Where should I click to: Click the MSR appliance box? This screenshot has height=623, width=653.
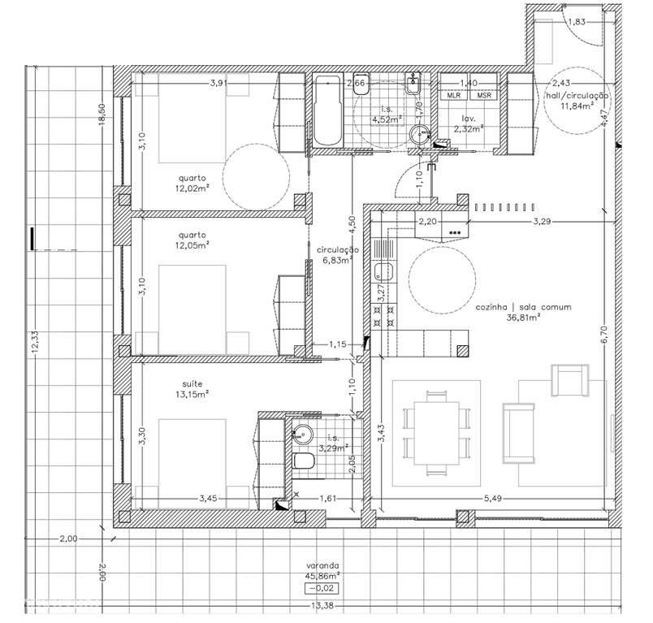pyautogui.click(x=485, y=96)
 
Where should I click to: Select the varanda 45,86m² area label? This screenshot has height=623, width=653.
pyautogui.click(x=323, y=569)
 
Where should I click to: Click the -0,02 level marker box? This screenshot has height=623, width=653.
pyautogui.click(x=323, y=589)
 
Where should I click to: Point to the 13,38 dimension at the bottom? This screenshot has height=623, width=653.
pyautogui.click(x=323, y=605)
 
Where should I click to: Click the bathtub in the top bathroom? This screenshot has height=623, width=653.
pyautogui.click(x=329, y=110)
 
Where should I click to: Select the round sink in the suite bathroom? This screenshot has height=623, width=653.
pyautogui.click(x=300, y=434)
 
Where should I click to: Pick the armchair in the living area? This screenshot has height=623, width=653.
pyautogui.click(x=568, y=379)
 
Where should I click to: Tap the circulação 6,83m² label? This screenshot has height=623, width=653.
pyautogui.click(x=334, y=255)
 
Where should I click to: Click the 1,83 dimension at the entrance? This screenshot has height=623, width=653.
pyautogui.click(x=576, y=22)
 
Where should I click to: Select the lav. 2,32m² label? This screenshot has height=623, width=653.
pyautogui.click(x=469, y=123)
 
